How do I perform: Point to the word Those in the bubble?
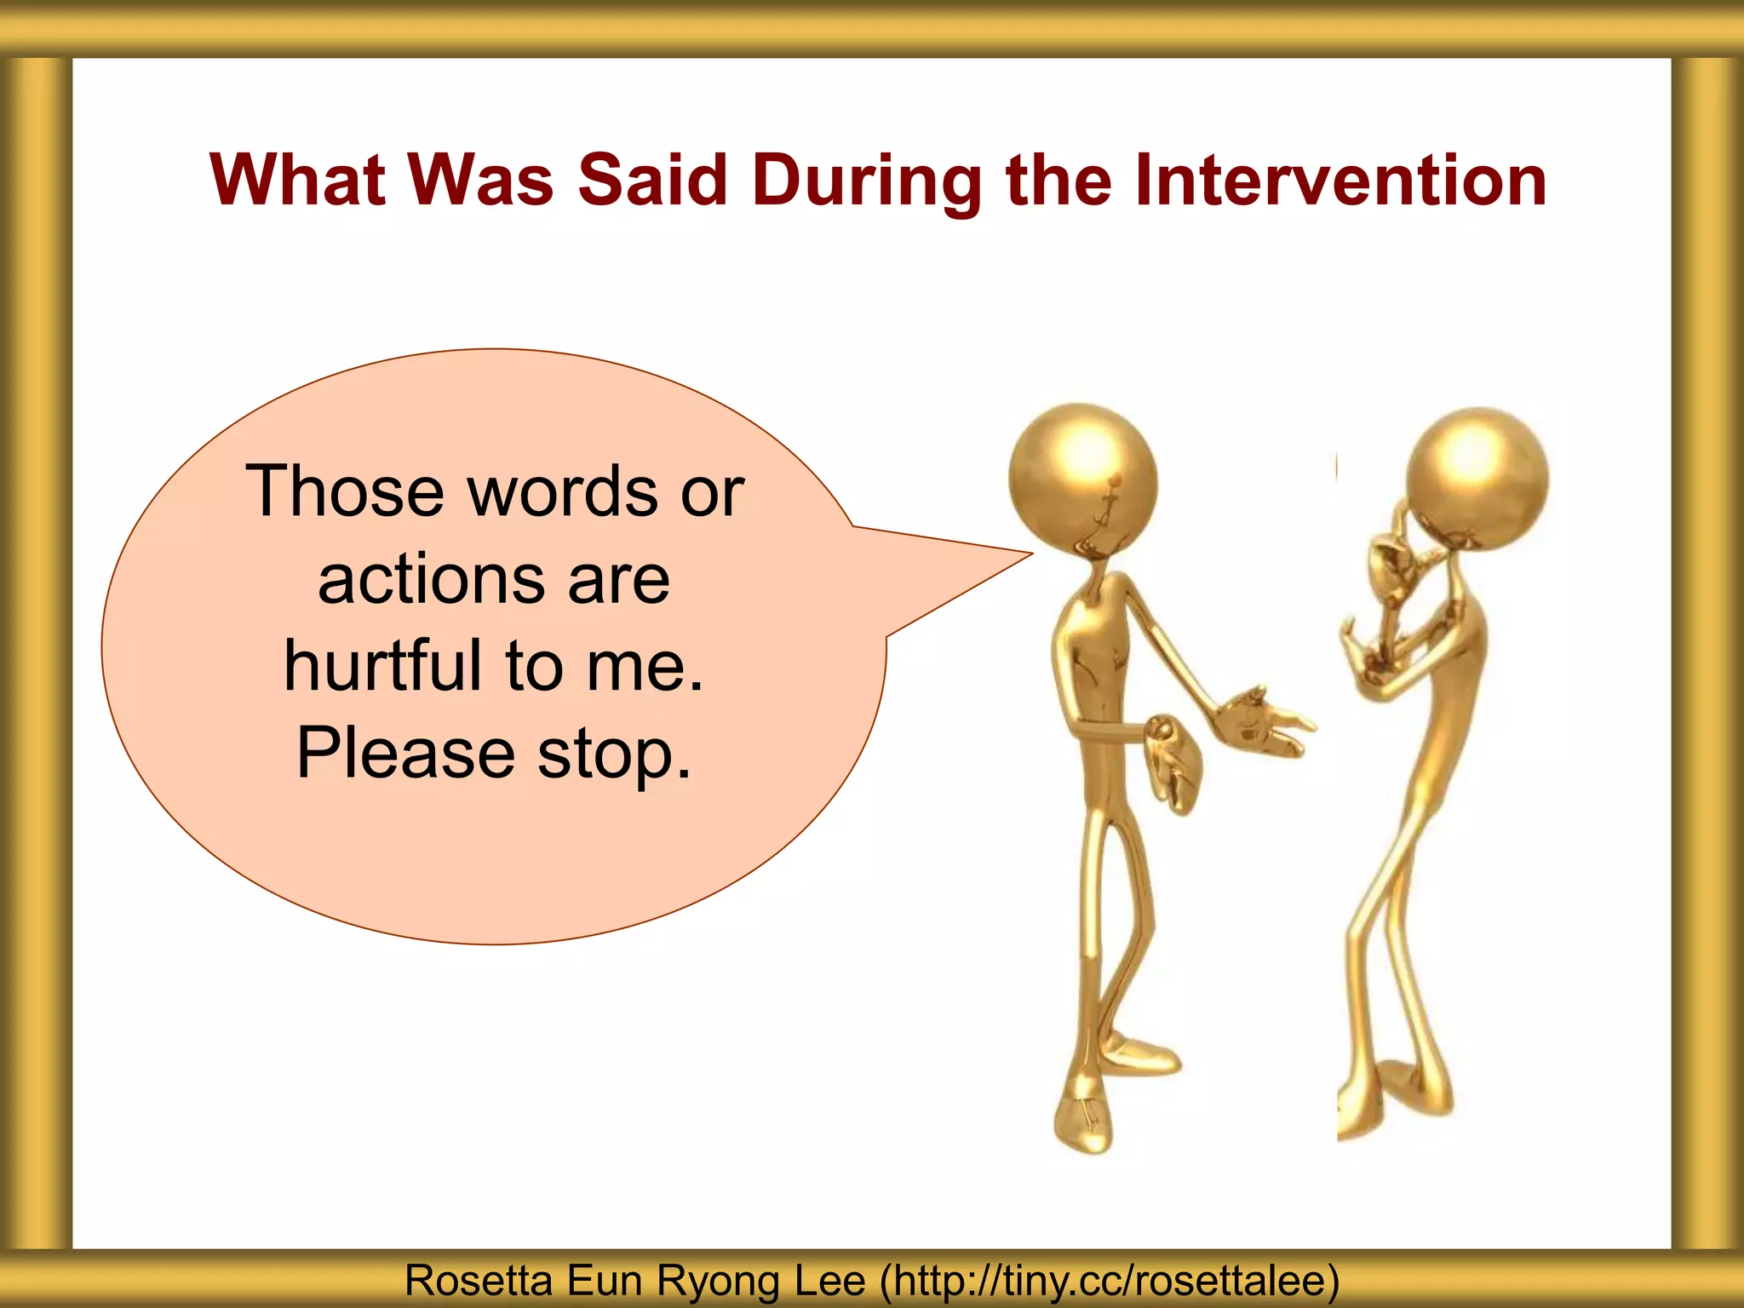tap(344, 491)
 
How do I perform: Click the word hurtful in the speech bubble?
tap(382, 665)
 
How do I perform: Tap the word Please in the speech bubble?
tap(405, 754)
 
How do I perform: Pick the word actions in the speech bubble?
tap(431, 580)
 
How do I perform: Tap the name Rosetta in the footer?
tap(478, 1280)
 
